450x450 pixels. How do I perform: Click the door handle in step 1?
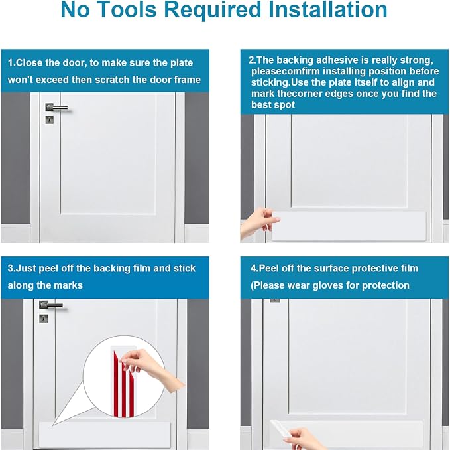point(56,108)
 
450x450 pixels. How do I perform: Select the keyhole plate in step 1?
point(49,120)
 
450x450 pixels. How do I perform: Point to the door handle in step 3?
point(50,305)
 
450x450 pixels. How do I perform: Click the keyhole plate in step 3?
point(43,319)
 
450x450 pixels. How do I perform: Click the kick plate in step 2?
point(349,226)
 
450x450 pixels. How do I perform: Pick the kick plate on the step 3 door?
point(105,435)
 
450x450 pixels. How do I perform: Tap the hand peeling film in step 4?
point(303,439)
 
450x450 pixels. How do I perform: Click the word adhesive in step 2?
point(333,60)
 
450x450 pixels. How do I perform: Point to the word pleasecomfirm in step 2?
point(286,71)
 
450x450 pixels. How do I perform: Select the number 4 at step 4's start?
point(253,268)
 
